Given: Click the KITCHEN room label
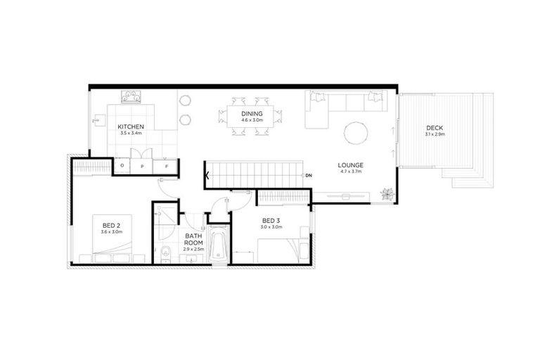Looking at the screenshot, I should tap(131, 127).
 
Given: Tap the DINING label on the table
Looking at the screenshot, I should tap(252, 113).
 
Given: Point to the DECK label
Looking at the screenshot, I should tap(434, 128).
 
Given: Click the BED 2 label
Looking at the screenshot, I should tap(110, 224).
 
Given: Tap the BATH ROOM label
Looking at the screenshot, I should tap(193, 240).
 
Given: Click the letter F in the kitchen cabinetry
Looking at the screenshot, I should tap(167, 166).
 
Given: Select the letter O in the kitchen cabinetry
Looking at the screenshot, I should tap(122, 166).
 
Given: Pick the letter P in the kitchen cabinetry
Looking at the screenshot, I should tap(143, 166).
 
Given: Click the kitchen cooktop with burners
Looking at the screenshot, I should tap(133, 96).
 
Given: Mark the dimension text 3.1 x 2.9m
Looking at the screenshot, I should tap(434, 134).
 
